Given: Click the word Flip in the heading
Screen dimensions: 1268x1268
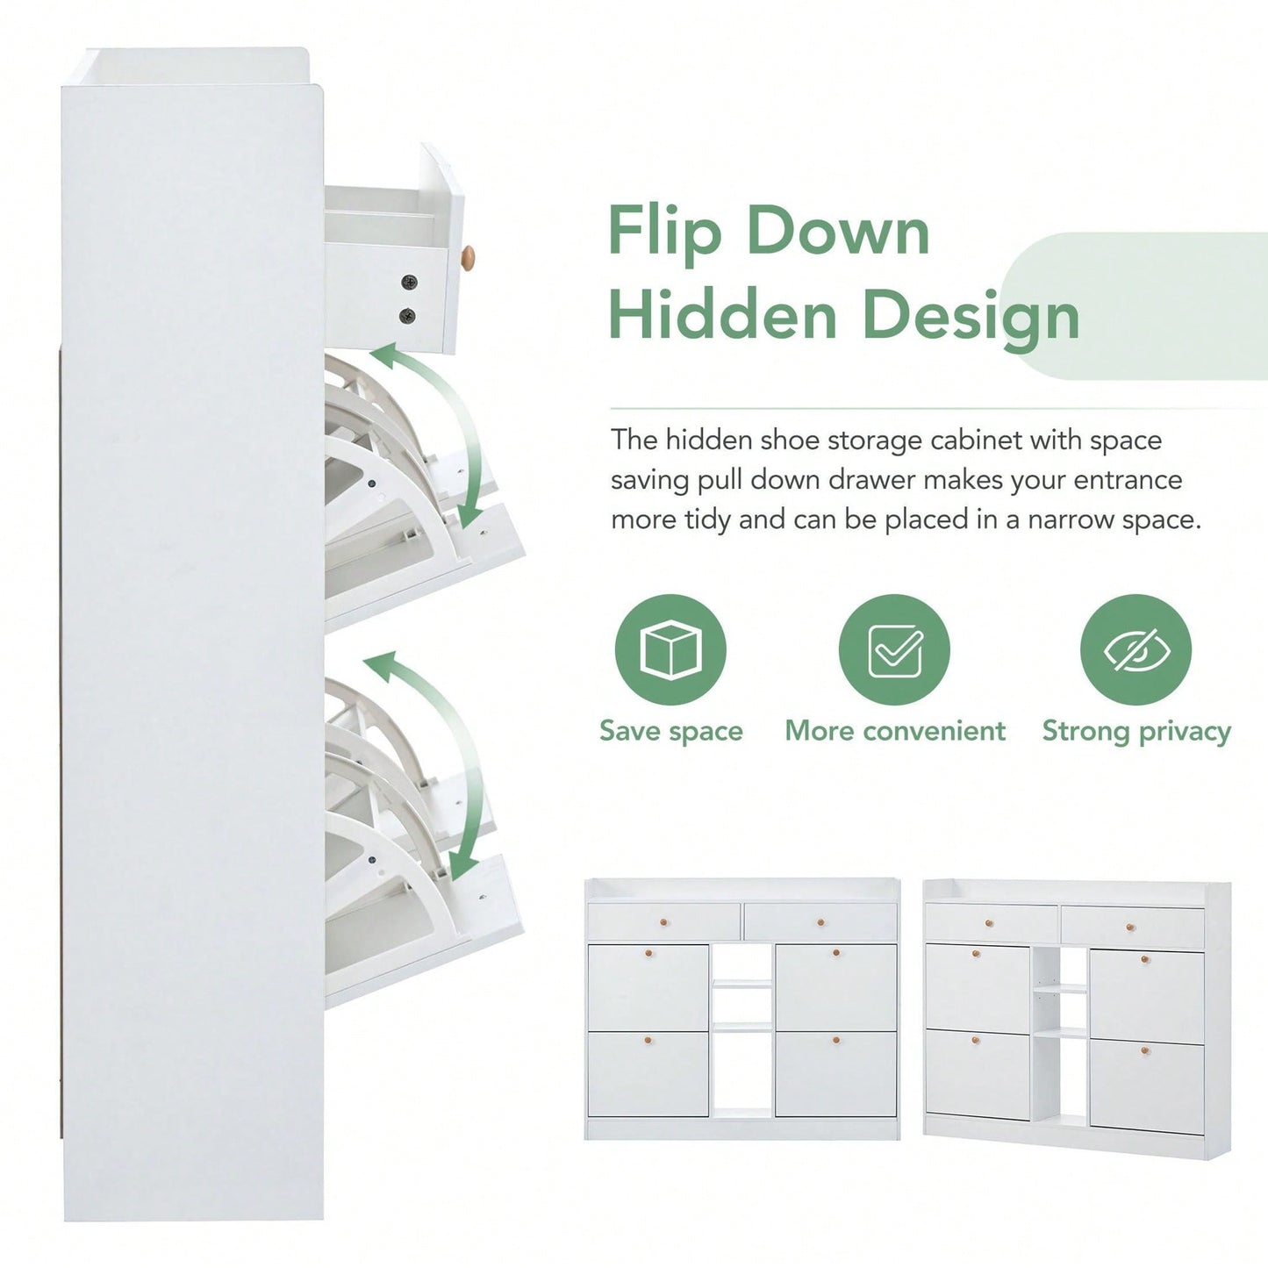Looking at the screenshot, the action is click(664, 232).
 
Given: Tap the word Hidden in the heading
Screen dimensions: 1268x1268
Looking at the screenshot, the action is click(723, 315).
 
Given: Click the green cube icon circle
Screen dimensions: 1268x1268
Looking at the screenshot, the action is click(670, 649).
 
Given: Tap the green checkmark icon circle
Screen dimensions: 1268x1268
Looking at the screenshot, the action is click(894, 649).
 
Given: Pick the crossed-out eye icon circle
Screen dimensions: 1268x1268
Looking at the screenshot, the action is click(1135, 649).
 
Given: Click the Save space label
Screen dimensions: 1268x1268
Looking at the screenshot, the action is click(671, 731).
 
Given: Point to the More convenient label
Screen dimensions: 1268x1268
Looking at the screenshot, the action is click(895, 730).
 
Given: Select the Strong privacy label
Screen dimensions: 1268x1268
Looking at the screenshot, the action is click(1136, 732).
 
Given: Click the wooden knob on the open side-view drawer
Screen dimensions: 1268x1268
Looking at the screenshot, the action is click(468, 258).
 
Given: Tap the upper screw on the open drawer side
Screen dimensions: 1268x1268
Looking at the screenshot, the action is click(409, 282).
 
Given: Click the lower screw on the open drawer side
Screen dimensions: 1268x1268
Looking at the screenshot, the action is click(407, 316).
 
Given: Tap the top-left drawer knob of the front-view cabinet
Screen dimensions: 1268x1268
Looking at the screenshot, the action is click(663, 922).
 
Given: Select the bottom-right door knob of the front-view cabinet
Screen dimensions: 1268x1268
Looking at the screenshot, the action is click(835, 1041).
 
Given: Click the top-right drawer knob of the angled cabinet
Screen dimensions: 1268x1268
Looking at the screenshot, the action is click(1130, 928).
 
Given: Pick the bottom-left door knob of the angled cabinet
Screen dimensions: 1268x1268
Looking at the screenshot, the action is click(976, 1040).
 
